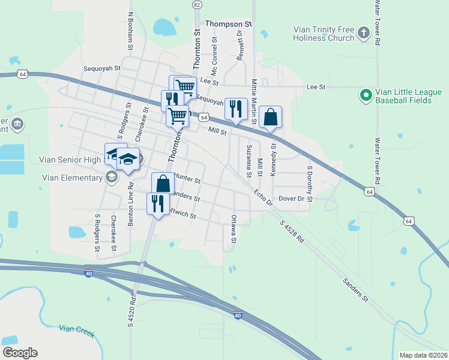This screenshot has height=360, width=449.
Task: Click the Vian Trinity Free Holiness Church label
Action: [x=324, y=34]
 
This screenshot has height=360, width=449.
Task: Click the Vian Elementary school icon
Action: [x=111, y=177]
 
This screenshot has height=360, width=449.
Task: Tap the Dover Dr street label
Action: [x=292, y=199]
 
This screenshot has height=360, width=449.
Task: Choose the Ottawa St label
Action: [x=234, y=229]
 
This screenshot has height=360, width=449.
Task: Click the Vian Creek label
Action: [x=77, y=330]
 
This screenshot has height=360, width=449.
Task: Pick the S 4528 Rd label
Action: [x=292, y=232]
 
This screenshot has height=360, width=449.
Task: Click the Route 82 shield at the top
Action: [x=197, y=4]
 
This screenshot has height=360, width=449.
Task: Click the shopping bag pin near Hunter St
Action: [x=162, y=183]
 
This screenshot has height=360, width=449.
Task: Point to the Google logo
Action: [x=20, y=353]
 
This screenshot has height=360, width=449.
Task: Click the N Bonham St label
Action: [x=130, y=31]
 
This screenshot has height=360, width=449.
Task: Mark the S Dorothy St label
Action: [x=310, y=184]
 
